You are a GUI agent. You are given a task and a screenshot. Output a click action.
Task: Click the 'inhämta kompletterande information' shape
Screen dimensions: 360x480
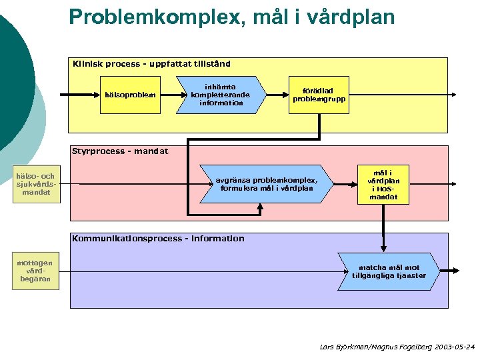pyautogui.click(x=219, y=95)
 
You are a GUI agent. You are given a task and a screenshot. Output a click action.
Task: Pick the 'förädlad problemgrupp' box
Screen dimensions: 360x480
pyautogui.click(x=318, y=95)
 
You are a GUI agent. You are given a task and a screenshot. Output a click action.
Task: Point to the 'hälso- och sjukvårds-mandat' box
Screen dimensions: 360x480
pyautogui.click(x=37, y=184)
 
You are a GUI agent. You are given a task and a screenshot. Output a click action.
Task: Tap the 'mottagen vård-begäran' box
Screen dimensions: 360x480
pyautogui.click(x=35, y=271)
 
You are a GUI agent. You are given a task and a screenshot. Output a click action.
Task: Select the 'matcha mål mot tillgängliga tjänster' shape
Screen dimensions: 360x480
pyautogui.click(x=388, y=271)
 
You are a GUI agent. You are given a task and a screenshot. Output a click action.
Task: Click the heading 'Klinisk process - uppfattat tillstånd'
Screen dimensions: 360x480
pyautogui.click(x=151, y=64)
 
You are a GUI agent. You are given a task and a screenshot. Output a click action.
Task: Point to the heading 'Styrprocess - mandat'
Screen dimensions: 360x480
pyautogui.click(x=120, y=151)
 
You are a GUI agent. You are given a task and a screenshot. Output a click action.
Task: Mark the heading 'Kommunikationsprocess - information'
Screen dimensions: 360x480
pyautogui.click(x=158, y=238)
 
